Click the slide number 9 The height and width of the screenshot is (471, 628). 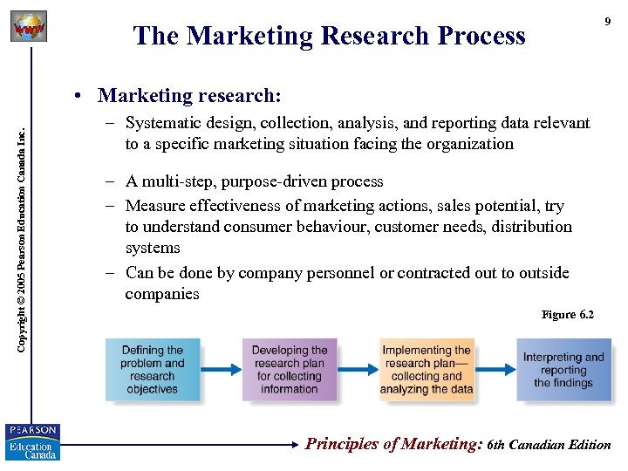(607, 22)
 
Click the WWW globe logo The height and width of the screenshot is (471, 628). (28, 28)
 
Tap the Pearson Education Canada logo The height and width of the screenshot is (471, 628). (32, 441)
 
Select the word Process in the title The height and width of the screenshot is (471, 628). (481, 36)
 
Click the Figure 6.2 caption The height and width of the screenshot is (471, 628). (567, 314)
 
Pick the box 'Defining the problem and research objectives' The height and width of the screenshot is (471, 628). (153, 370)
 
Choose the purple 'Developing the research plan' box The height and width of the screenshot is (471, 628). (290, 370)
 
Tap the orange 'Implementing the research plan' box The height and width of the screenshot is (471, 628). (427, 370)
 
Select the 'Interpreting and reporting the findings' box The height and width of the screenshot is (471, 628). (563, 370)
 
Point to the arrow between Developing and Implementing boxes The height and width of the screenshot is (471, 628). (358, 370)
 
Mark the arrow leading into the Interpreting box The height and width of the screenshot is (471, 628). (496, 370)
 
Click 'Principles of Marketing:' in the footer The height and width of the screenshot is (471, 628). (393, 444)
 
